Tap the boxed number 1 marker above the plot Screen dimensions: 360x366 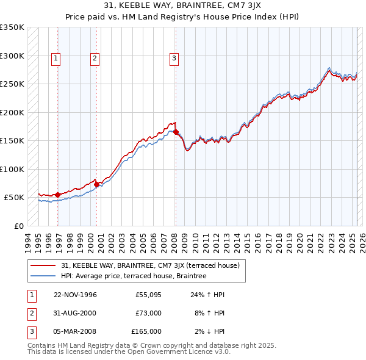[x=56, y=59]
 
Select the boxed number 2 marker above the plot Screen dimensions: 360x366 [x=95, y=59]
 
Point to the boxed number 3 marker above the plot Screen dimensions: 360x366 [x=174, y=59]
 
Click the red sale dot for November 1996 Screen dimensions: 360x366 [x=57, y=195]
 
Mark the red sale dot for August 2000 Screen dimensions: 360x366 [x=96, y=184]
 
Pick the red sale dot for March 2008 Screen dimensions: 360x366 [x=176, y=132]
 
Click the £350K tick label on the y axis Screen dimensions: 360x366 [x=12, y=27]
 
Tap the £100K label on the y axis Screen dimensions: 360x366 [x=12, y=169]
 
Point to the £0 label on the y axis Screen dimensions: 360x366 [x=17, y=226]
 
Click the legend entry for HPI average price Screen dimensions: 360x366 [x=134, y=276]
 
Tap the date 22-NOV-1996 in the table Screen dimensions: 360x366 [x=75, y=295]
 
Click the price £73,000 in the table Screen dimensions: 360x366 [x=148, y=313]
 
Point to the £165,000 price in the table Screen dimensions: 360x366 [x=146, y=331]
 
